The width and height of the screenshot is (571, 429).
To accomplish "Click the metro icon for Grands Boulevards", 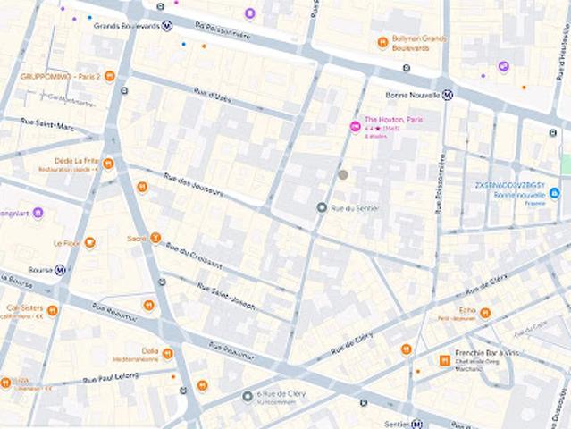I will tap(167, 26).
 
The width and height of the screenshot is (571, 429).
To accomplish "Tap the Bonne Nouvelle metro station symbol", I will tap(448, 95).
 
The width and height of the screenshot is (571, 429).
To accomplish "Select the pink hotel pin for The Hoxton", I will tap(355, 127).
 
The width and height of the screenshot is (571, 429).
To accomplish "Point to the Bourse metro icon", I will tap(60, 270).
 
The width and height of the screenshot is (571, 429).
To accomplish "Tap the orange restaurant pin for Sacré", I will tap(155, 239).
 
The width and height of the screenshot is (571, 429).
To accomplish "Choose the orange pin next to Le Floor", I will tap(89, 242).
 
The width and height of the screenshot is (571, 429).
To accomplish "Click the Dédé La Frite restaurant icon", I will tap(108, 164).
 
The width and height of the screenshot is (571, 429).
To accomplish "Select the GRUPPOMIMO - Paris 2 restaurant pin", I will tap(110, 76).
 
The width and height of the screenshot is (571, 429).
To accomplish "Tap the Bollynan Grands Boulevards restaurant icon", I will tap(382, 41).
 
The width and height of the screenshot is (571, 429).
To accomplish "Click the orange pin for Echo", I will tap(485, 312).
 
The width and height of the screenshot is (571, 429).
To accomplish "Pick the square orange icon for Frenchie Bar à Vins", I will tap(444, 359).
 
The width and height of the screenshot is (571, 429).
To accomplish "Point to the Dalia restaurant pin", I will tap(167, 354).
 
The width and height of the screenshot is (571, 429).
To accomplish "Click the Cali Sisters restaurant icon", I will tap(53, 310).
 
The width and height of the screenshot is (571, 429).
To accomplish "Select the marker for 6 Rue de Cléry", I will tap(248, 396).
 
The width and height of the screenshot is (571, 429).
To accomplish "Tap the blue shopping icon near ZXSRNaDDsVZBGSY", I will tap(554, 192).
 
